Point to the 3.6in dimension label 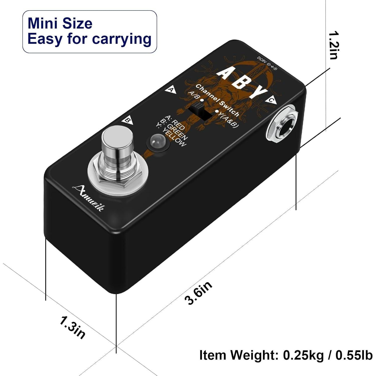click(198, 293)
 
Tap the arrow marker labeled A click(171, 90)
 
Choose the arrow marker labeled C click(272, 100)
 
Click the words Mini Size click(60, 23)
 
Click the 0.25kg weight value click(303, 355)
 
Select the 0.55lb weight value click(354, 355)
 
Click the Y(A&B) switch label click(228, 119)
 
